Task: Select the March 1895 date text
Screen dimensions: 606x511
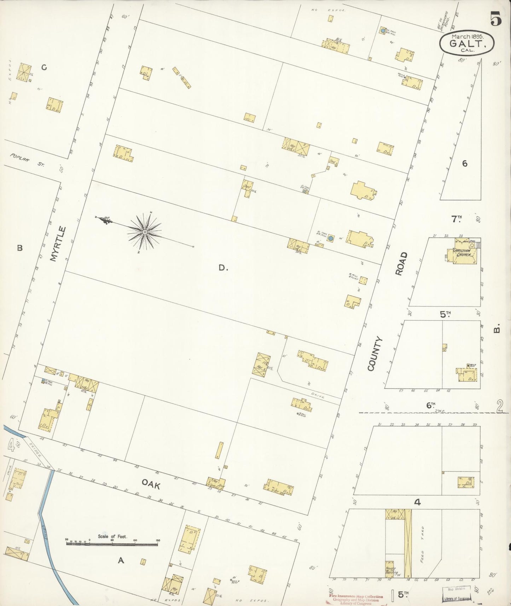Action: (467, 36)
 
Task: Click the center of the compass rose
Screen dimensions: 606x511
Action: (145, 232)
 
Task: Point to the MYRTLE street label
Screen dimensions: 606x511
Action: (58, 244)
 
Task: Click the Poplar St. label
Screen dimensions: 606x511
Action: (27, 160)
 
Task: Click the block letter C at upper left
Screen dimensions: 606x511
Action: (44, 67)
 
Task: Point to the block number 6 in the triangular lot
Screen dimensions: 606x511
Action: (464, 163)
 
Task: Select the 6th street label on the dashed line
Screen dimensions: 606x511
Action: (430, 406)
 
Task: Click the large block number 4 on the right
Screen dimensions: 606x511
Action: (417, 502)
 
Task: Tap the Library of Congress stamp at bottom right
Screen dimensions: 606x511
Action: (457, 598)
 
